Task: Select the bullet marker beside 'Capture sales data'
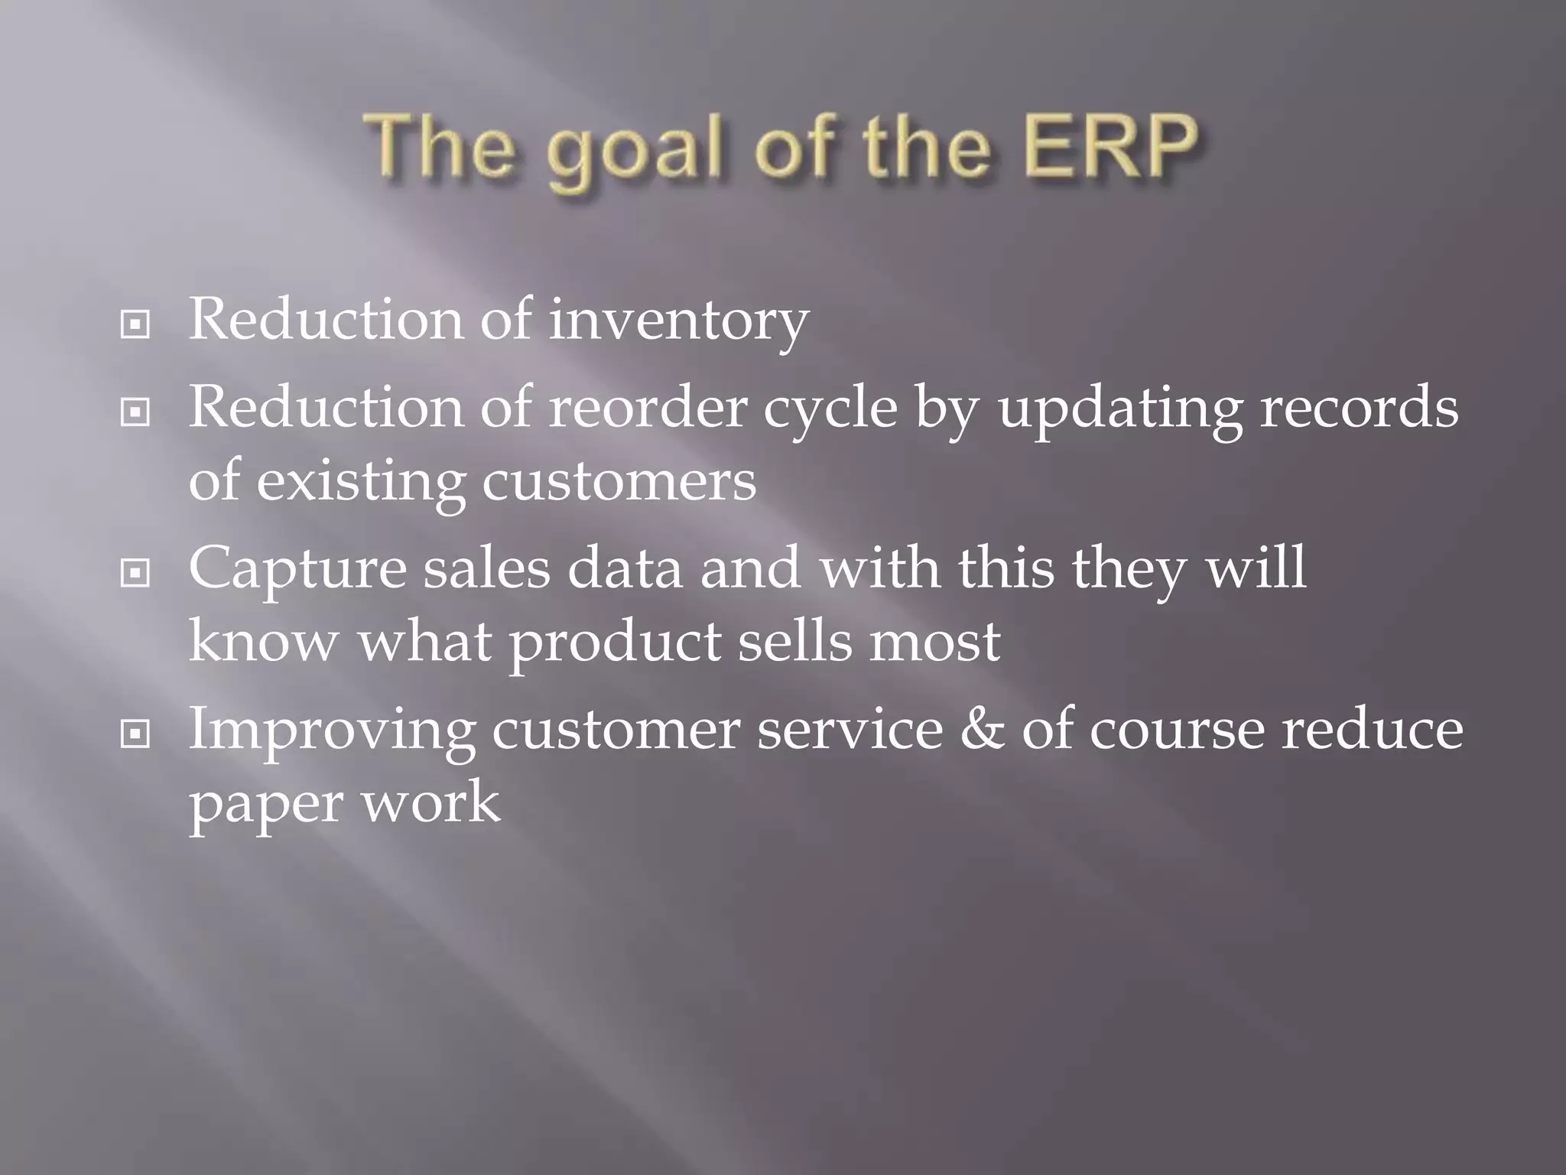point(135,573)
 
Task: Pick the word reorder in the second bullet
point(647,408)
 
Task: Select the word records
point(1359,408)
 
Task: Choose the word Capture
point(297,571)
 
